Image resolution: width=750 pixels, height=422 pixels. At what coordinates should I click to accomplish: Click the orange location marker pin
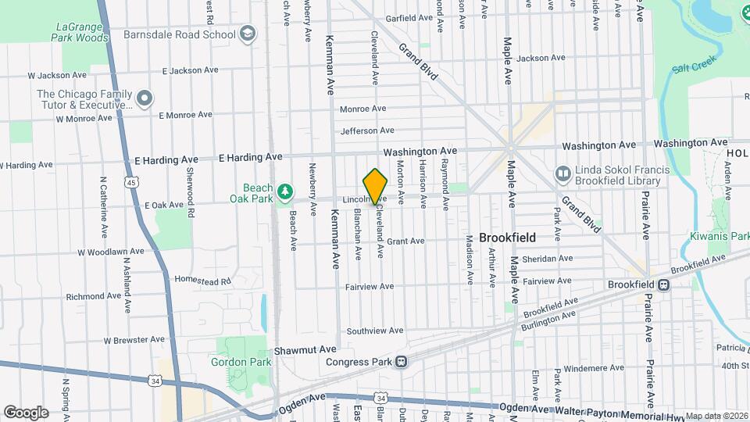(376, 187)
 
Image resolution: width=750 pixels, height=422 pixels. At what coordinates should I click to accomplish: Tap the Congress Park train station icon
(401, 362)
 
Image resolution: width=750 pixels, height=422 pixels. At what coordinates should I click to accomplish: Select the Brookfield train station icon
(663, 285)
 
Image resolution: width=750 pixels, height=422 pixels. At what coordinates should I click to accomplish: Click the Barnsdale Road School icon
(248, 34)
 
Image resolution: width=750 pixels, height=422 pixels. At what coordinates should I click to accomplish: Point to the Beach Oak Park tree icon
(286, 191)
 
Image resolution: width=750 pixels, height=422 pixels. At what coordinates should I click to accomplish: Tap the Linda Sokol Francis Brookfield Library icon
(562, 173)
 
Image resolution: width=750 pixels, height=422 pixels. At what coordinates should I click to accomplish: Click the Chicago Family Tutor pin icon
(145, 98)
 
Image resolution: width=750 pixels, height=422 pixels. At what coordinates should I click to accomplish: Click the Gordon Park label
(241, 362)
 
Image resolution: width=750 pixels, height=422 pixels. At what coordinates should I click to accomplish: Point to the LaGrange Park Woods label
(82, 32)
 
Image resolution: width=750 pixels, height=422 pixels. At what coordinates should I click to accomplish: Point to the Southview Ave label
(375, 331)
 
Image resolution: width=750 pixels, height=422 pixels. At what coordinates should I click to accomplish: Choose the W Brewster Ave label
(134, 340)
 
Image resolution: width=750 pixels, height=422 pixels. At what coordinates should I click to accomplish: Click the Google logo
(26, 412)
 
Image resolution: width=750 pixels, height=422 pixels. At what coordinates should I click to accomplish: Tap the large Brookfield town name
(507, 237)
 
